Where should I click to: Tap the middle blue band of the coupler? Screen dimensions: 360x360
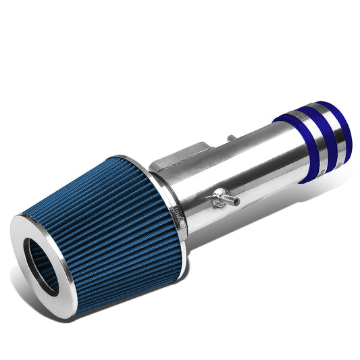311,134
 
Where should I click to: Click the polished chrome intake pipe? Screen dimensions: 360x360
250,176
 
